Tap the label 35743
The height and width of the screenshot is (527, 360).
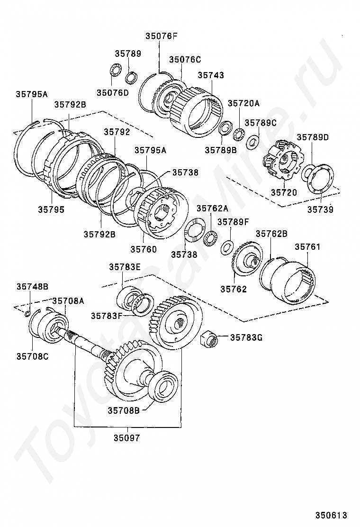click(211, 75)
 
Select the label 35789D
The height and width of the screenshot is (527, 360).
click(313, 137)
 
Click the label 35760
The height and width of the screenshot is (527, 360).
click(144, 248)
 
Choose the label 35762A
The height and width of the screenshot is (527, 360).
click(212, 208)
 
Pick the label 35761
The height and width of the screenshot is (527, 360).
click(307, 247)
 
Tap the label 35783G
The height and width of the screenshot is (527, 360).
click(246, 337)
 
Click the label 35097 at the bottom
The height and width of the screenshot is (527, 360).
click(126, 438)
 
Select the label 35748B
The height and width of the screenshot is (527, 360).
click(32, 287)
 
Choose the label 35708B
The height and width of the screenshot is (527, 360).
click(123, 410)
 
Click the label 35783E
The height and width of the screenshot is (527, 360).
click(125, 267)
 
